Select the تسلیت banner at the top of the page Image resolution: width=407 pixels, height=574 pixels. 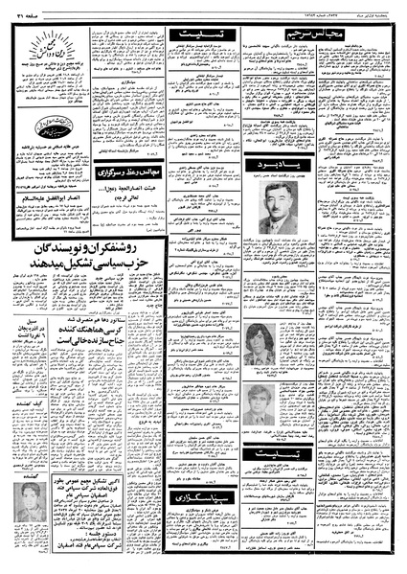[x=210, y=35]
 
